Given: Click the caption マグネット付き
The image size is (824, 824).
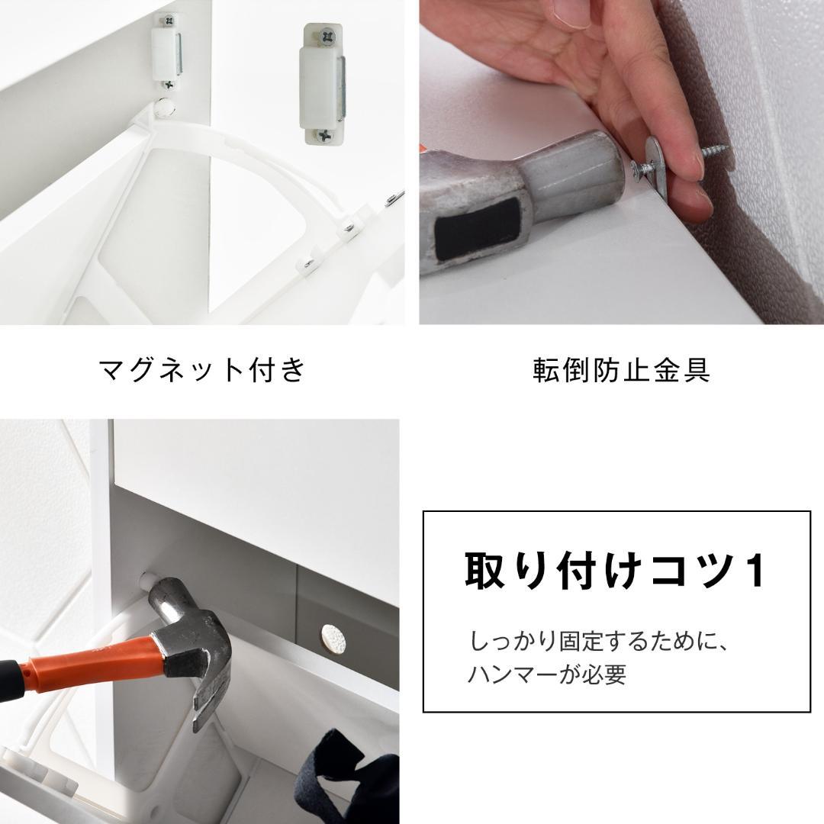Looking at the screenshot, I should point(202,370).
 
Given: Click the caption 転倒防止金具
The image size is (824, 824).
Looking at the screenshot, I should point(621,370).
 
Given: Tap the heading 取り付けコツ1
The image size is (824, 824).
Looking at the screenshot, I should point(616,570).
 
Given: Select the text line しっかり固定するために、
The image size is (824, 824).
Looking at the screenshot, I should point(600,641).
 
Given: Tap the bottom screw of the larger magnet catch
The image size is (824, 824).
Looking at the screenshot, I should point(325,136).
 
